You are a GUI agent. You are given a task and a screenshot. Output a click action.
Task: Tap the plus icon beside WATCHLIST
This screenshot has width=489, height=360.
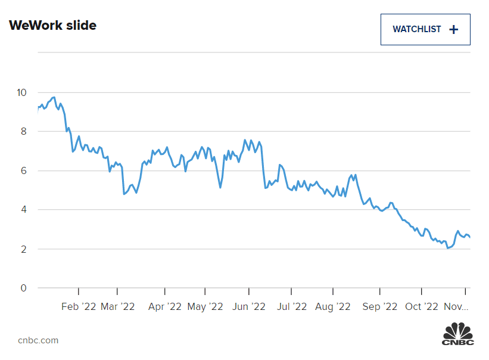pos(454,29)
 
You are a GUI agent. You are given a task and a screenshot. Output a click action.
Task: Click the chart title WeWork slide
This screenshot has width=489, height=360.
pos(52,25)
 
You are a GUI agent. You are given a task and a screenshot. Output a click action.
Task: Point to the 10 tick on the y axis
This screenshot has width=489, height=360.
pos(21,92)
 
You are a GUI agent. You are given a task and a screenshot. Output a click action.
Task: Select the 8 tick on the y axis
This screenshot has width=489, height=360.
pos(23,132)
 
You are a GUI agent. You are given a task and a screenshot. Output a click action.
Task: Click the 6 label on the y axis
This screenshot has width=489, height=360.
pos(23,171)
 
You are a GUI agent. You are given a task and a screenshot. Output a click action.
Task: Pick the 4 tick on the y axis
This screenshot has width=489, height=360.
pos(23,210)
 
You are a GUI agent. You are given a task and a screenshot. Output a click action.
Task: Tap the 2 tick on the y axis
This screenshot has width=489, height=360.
pos(23,249)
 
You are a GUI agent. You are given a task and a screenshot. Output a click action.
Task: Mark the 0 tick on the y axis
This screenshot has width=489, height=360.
pos(23,288)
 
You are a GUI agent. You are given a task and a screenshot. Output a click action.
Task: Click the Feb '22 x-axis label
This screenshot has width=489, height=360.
pos(79,306)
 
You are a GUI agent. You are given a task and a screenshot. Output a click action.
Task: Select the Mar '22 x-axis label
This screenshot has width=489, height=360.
pos(117,306)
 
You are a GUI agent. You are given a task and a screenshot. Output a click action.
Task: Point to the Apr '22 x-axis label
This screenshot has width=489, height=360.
pos(164,306)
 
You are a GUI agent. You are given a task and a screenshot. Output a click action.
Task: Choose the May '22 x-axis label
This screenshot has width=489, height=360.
pos(205,306)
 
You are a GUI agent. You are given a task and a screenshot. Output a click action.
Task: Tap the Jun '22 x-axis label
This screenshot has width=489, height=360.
pos(249,306)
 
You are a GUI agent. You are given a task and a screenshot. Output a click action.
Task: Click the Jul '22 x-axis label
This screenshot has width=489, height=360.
pos(292,306)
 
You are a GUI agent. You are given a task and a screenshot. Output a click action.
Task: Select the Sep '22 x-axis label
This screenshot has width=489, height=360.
pos(379,306)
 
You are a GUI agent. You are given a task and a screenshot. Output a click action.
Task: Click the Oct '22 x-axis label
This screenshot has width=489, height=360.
pos(422,306)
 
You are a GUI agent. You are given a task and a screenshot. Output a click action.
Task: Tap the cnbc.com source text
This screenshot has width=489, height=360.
pos(38,340)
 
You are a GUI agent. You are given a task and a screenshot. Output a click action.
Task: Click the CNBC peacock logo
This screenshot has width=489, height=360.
pos(457,334)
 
